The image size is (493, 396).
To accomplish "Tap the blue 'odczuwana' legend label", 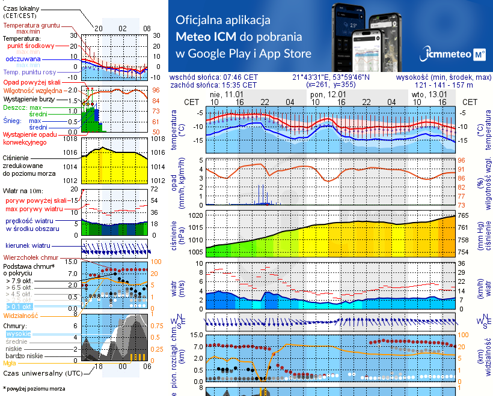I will pos(23,59).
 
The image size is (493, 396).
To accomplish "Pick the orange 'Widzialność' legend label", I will pos(21,315).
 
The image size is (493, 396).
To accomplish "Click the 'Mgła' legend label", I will pos(10,363).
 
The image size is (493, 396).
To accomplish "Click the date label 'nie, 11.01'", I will pos(225,95).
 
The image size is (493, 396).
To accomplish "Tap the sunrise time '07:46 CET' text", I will pos(239,77).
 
